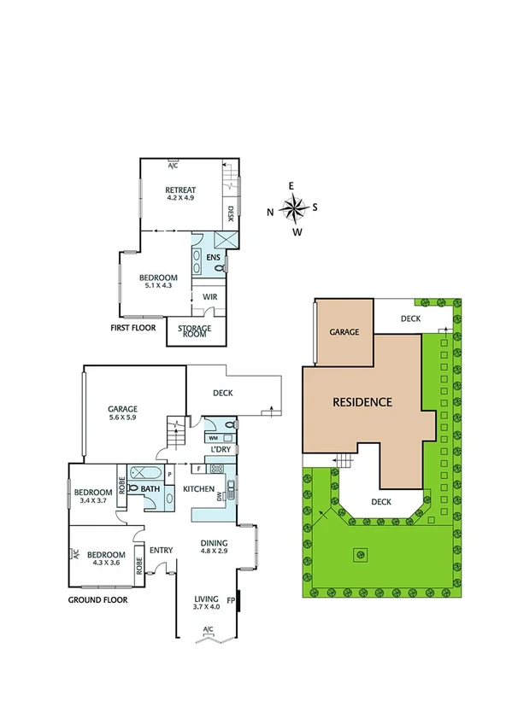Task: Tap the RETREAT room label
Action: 180,190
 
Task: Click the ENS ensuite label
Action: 213,255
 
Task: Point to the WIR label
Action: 209,296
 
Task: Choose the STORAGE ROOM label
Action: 194,331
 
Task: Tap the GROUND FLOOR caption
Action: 97,600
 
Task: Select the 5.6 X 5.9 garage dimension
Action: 123,418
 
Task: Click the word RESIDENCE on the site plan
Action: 362,401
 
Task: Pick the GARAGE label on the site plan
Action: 344,332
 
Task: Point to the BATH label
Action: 151,489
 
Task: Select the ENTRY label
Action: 162,550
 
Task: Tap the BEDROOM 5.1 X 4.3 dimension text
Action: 158,286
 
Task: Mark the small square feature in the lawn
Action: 362,556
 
